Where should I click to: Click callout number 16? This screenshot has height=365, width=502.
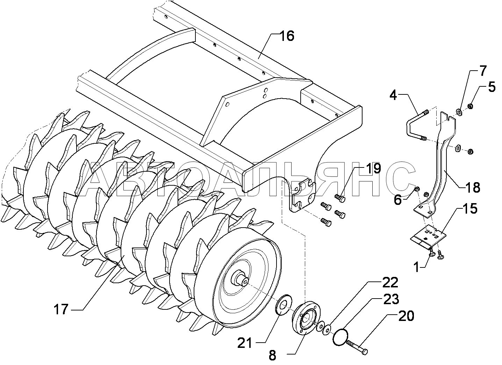coord(287,36)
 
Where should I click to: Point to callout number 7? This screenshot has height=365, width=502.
coord(482,71)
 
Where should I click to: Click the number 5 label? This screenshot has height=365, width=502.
coord(492,87)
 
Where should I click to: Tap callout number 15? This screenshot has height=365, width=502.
coord(470,209)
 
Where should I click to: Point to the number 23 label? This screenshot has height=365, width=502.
coord(391,299)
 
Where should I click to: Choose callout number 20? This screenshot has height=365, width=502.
coord(406,316)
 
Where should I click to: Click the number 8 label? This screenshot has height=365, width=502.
coord(272,356)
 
